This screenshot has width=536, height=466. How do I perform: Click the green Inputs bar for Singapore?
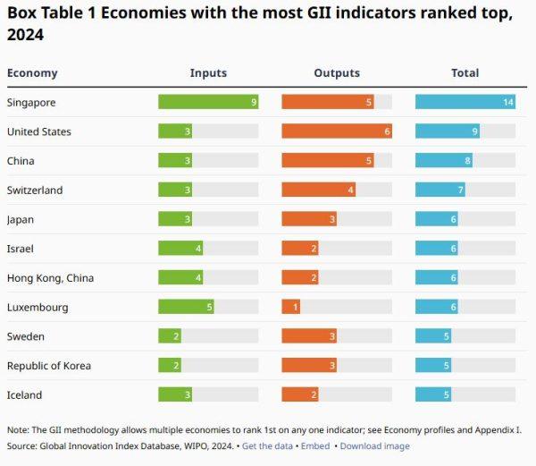208,102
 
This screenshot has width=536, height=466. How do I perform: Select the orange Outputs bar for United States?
337,131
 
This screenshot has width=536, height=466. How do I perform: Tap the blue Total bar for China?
444,160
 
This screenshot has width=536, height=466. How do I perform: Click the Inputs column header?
208,72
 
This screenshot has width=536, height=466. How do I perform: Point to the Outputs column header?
337,72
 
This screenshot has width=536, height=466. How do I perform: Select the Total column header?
465,72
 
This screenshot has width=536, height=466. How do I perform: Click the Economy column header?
32,73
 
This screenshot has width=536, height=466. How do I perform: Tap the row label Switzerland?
35,190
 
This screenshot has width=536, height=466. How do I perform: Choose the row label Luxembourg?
38,308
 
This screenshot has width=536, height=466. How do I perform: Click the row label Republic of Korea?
49,366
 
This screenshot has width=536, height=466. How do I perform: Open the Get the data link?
267,446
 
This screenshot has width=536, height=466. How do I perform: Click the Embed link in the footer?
315,446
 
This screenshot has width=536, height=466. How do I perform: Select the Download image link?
374,446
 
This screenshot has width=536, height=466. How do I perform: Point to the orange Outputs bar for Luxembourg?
291,307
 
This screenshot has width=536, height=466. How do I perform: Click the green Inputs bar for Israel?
180,248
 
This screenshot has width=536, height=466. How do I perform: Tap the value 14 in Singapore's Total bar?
508,102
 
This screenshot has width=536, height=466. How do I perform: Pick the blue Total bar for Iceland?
433,394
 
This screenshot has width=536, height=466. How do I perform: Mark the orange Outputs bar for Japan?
309,219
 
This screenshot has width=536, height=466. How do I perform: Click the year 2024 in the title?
25,35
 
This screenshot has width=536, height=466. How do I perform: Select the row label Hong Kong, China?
50,278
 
